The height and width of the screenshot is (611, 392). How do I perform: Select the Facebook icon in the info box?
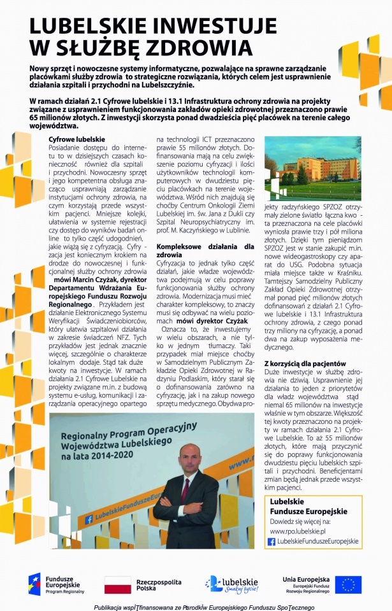coord(272,541)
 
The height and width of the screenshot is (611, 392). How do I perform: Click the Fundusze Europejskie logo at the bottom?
coord(52,584)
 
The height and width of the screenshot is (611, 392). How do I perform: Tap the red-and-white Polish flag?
coord(117,584)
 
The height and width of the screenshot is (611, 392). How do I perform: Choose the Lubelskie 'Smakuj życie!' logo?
coord(231,584)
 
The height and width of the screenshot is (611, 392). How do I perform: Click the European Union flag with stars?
coord(348,584)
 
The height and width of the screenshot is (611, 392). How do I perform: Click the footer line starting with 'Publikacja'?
coord(196,607)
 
